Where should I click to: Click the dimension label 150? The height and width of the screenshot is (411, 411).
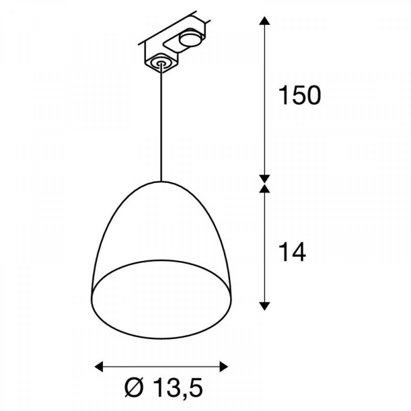pyautogui.click(x=300, y=95)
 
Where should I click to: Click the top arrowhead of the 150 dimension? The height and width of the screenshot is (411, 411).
pyautogui.click(x=264, y=21)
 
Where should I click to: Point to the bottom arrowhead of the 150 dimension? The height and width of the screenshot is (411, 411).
pyautogui.click(x=264, y=178)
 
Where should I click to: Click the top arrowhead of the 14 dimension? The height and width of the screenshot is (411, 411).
pyautogui.click(x=264, y=188)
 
